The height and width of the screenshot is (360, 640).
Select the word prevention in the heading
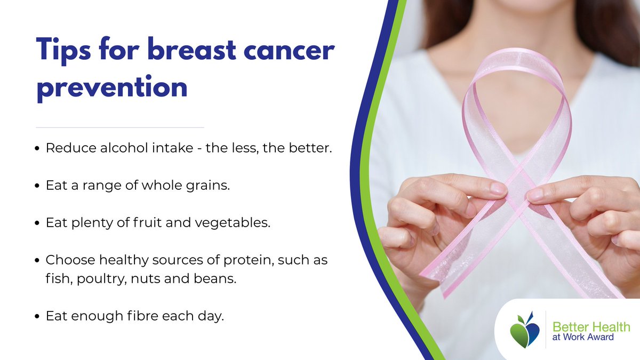[112, 87]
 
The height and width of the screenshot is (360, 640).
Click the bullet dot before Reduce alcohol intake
[37, 149]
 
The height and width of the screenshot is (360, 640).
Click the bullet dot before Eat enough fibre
[37, 317]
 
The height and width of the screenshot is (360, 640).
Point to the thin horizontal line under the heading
[120, 127]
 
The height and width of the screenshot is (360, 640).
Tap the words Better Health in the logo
[591, 326]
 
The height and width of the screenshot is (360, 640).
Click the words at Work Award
[582, 337]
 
